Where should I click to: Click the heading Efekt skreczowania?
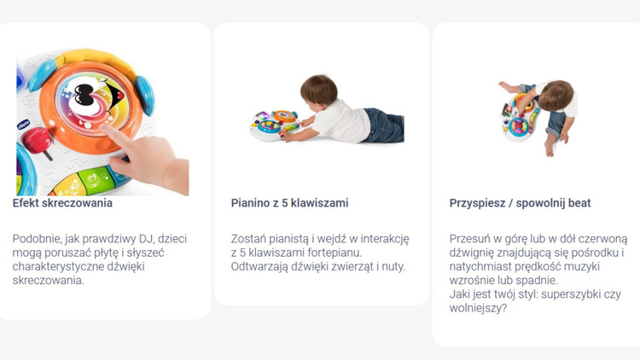pos(62,203)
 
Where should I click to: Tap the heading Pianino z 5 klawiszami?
pos(289,203)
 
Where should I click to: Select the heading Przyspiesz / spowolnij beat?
pos(520,203)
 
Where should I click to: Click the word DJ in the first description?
pos(146,238)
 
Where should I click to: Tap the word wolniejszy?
pos(478,308)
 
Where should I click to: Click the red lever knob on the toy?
pos(37,140)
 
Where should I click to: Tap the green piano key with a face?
pos(93,179)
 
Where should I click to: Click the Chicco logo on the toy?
pos(23,124)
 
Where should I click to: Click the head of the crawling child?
pos(319,90)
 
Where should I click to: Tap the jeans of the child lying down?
pos(383,125)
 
